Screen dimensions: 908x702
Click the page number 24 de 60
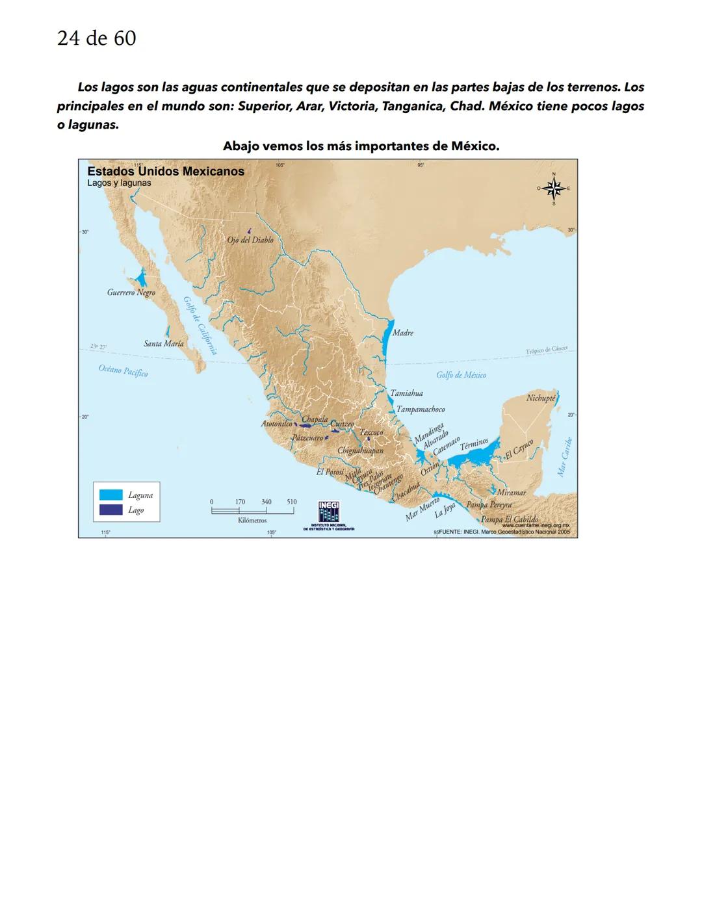(x=96, y=38)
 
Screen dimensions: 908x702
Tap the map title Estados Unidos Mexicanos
(x=166, y=172)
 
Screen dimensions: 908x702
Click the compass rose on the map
(x=554, y=188)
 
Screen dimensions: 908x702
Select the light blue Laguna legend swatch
(x=110, y=495)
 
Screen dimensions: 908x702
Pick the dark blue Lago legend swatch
(x=110, y=510)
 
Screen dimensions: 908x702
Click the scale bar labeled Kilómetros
(x=253, y=511)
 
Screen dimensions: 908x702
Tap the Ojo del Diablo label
(x=250, y=240)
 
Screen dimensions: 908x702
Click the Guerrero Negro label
(x=131, y=293)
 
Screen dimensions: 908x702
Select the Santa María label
(x=164, y=343)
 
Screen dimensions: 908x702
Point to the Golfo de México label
(x=461, y=375)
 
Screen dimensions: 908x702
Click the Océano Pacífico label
(x=123, y=370)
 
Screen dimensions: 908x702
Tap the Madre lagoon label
(x=403, y=333)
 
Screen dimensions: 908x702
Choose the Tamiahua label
(x=407, y=393)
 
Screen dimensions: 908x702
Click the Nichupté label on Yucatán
(x=541, y=398)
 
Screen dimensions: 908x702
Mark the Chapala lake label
(x=315, y=419)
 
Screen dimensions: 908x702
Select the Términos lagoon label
(x=474, y=445)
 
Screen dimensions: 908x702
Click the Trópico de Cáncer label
(x=546, y=350)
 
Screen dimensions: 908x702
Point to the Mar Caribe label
(x=565, y=457)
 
